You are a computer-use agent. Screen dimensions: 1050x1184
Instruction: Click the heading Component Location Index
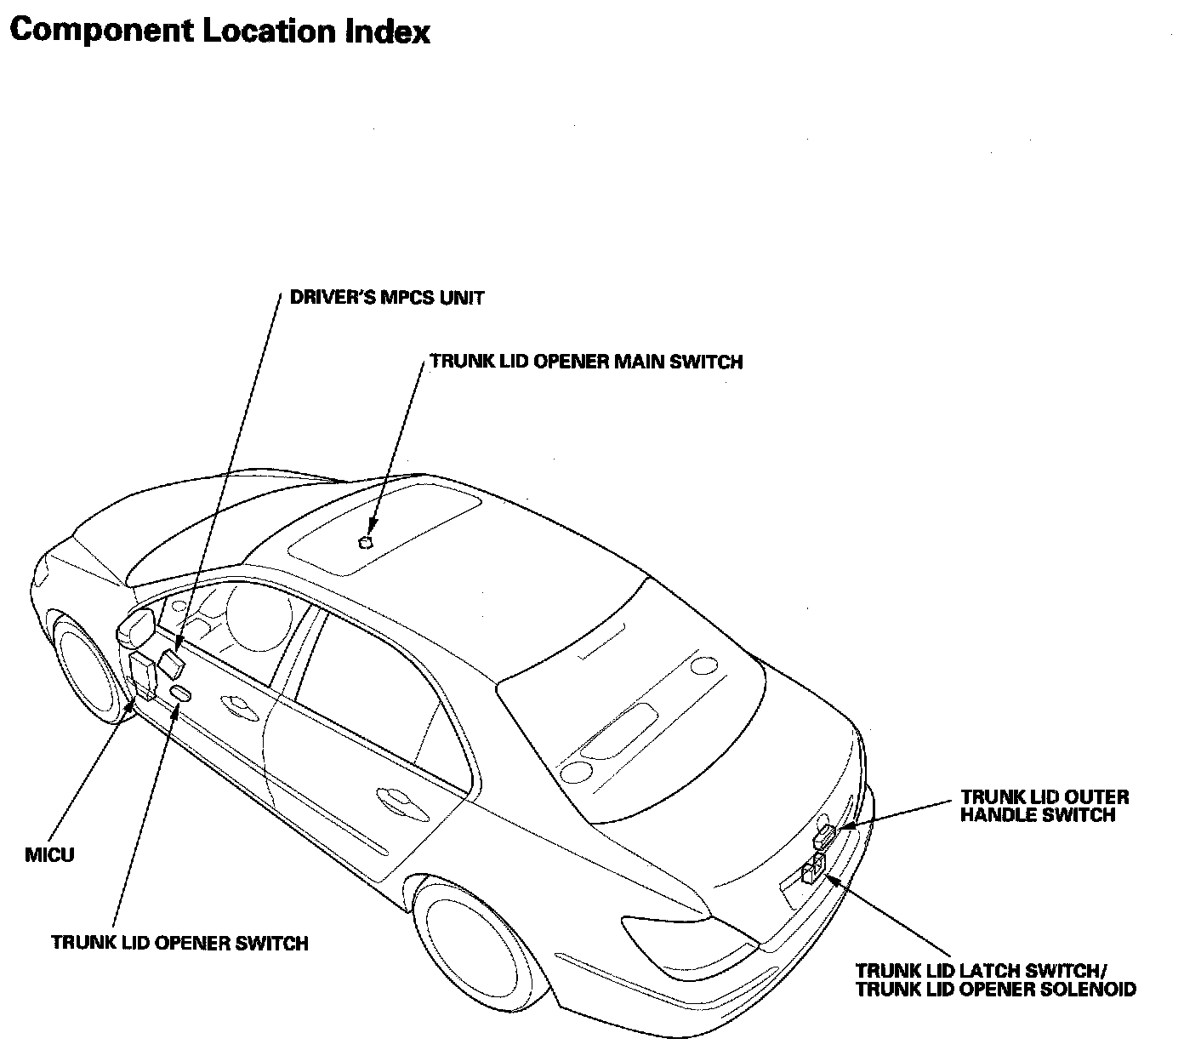pyautogui.click(x=220, y=32)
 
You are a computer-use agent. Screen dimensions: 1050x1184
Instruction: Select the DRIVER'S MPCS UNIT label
pyautogui.click(x=387, y=298)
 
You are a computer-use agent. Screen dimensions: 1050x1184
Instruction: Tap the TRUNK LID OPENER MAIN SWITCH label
pyautogui.click(x=586, y=362)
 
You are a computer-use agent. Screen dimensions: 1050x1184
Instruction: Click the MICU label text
pyautogui.click(x=49, y=855)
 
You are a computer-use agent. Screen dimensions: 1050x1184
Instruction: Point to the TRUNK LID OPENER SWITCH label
pyautogui.click(x=179, y=943)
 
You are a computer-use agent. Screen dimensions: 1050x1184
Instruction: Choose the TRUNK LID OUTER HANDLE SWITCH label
pyautogui.click(x=1045, y=806)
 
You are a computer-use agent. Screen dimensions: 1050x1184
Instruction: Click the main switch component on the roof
pyautogui.click(x=366, y=542)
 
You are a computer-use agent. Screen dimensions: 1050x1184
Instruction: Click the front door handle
pyautogui.click(x=235, y=703)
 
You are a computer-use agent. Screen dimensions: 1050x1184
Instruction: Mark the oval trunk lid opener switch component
pyautogui.click(x=181, y=693)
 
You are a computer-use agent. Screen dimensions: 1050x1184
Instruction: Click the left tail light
pyautogui.click(x=680, y=932)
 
